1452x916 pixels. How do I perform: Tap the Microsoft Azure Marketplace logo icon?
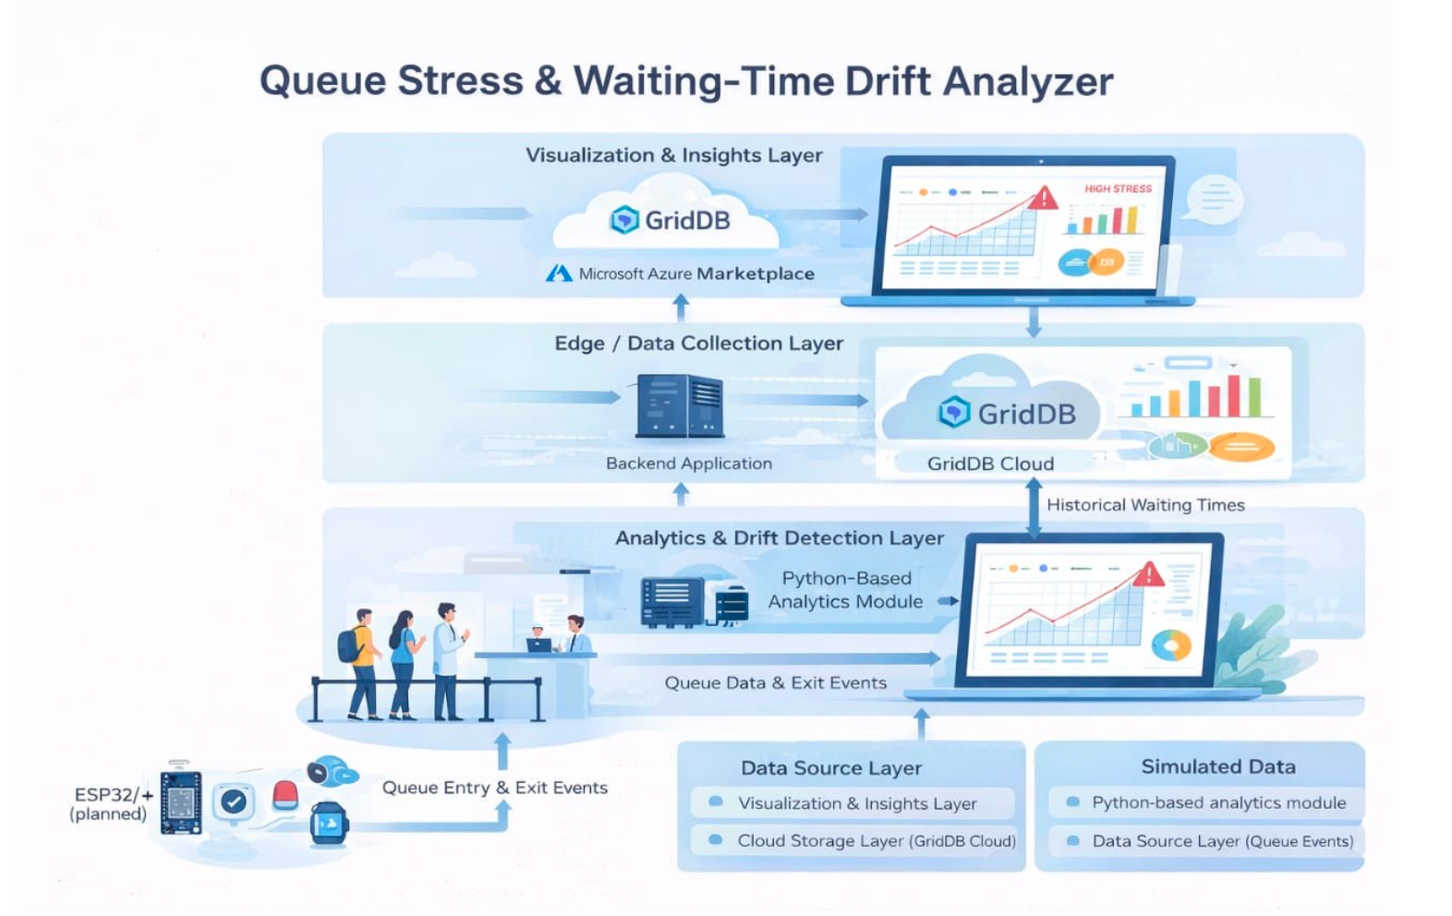(559, 273)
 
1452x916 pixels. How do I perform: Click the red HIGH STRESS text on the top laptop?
(1118, 188)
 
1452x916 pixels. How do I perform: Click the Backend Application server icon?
(680, 406)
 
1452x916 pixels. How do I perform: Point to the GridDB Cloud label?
(990, 464)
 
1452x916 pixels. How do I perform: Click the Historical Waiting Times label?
(1145, 505)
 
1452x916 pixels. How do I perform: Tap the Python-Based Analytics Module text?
(845, 590)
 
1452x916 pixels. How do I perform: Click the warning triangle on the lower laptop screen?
(1148, 575)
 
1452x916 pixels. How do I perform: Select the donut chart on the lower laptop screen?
(1171, 645)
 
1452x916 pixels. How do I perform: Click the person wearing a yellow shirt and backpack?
(361, 661)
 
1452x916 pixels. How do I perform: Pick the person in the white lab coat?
(448, 659)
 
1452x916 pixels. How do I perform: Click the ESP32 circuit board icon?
(181, 801)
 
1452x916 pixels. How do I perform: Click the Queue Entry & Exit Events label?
(495, 788)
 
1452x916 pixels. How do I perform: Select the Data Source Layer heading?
(831, 768)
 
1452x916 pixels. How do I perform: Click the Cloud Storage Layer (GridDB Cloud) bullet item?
(876, 841)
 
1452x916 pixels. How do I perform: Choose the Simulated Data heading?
(1218, 766)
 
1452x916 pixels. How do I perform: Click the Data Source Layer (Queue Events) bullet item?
(1222, 841)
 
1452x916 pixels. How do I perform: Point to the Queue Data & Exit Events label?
(776, 683)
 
